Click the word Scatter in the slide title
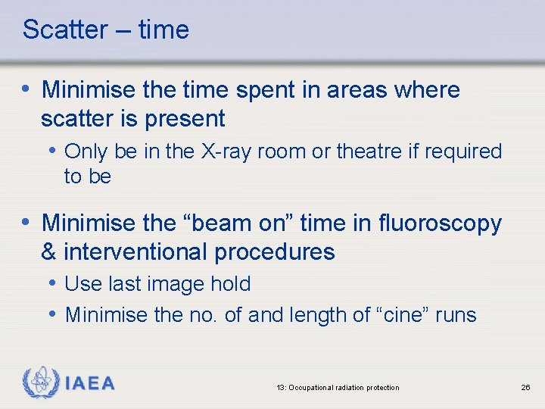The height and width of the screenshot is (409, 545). coord(65,30)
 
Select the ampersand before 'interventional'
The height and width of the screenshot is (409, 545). coord(50,251)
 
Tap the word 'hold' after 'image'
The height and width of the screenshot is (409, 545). coord(232,284)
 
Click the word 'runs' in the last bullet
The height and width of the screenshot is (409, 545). coord(457,315)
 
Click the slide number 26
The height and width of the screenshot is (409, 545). coord(525,388)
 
